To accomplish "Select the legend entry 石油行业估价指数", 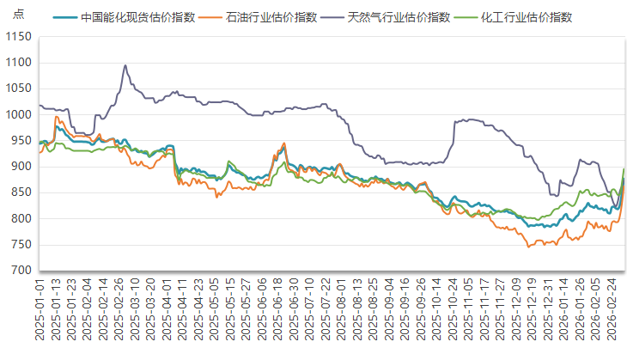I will [272, 16].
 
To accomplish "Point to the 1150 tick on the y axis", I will [17, 37].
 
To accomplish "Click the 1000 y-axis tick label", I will [17, 115].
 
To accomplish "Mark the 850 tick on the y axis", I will [20, 192].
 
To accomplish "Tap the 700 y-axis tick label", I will [20, 271].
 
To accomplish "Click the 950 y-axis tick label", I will [20, 141].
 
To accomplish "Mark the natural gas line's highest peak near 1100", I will [125, 65].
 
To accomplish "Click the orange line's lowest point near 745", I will [529, 247].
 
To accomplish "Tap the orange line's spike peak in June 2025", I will [283, 143].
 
